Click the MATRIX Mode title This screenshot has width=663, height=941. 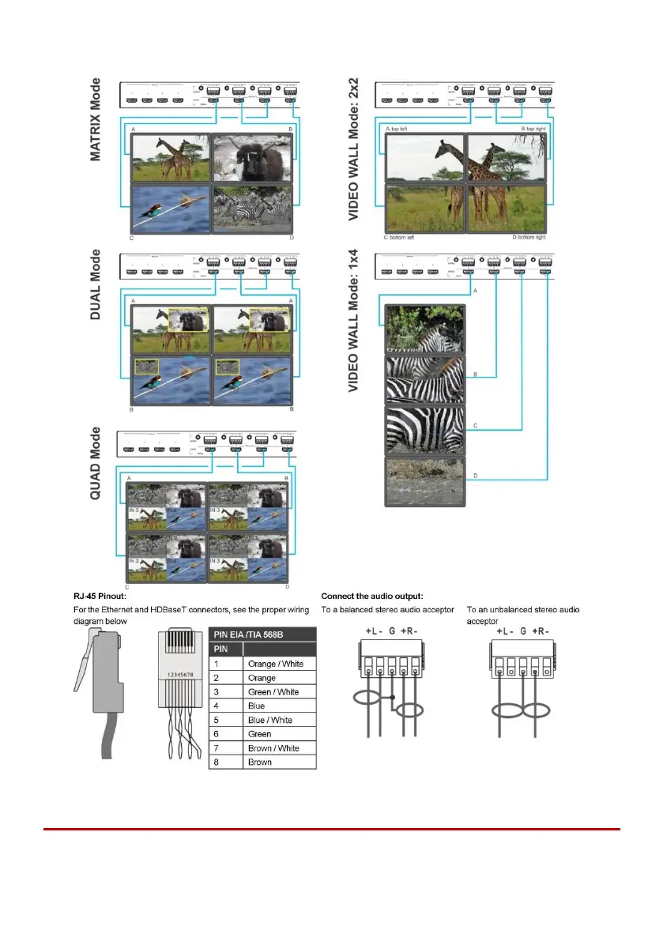coord(96,119)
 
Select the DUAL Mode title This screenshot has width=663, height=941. coord(96,284)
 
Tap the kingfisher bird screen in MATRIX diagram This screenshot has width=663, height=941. coord(169,209)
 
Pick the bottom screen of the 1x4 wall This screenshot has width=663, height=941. coord(425,481)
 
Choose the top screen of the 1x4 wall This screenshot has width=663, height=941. coord(425,329)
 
